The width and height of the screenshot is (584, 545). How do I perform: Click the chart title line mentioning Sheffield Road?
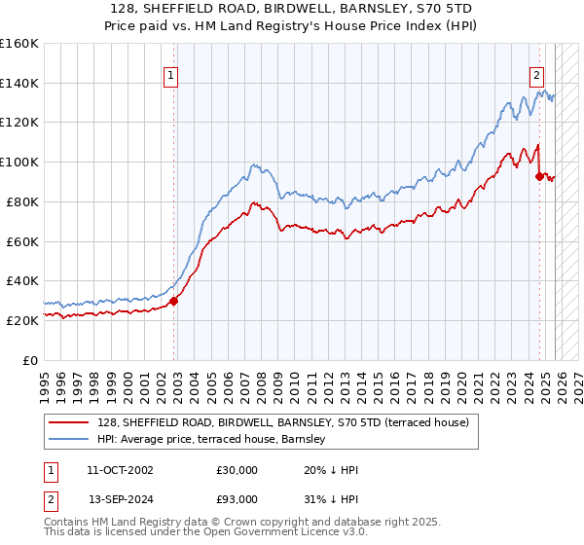pos(292,9)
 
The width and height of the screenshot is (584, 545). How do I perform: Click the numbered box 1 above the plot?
pos(170,74)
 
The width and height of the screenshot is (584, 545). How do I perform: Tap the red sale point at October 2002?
pos(174,301)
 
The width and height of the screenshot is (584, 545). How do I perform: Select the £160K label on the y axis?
pos(19,44)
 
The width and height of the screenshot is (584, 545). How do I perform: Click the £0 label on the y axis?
pos(29,360)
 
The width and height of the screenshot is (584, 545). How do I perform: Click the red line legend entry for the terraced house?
pos(283,422)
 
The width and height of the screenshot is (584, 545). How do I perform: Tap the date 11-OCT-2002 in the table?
pos(120,470)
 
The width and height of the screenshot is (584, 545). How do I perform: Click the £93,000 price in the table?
pos(237,499)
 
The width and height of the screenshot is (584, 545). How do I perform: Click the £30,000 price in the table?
pos(237,470)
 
